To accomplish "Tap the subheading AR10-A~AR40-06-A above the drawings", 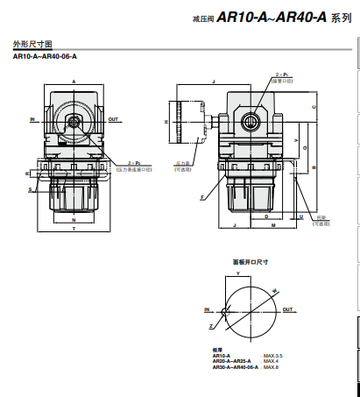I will coord(45,57).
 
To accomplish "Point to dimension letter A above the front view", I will coord(74,81).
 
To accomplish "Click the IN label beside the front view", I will coord(32,118).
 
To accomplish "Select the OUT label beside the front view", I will coord(114,118).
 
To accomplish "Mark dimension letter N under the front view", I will coord(74,220).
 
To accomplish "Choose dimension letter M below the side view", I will coord(273,226).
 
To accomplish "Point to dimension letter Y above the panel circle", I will coord(237,273).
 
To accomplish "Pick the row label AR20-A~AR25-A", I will coord(231,360).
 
